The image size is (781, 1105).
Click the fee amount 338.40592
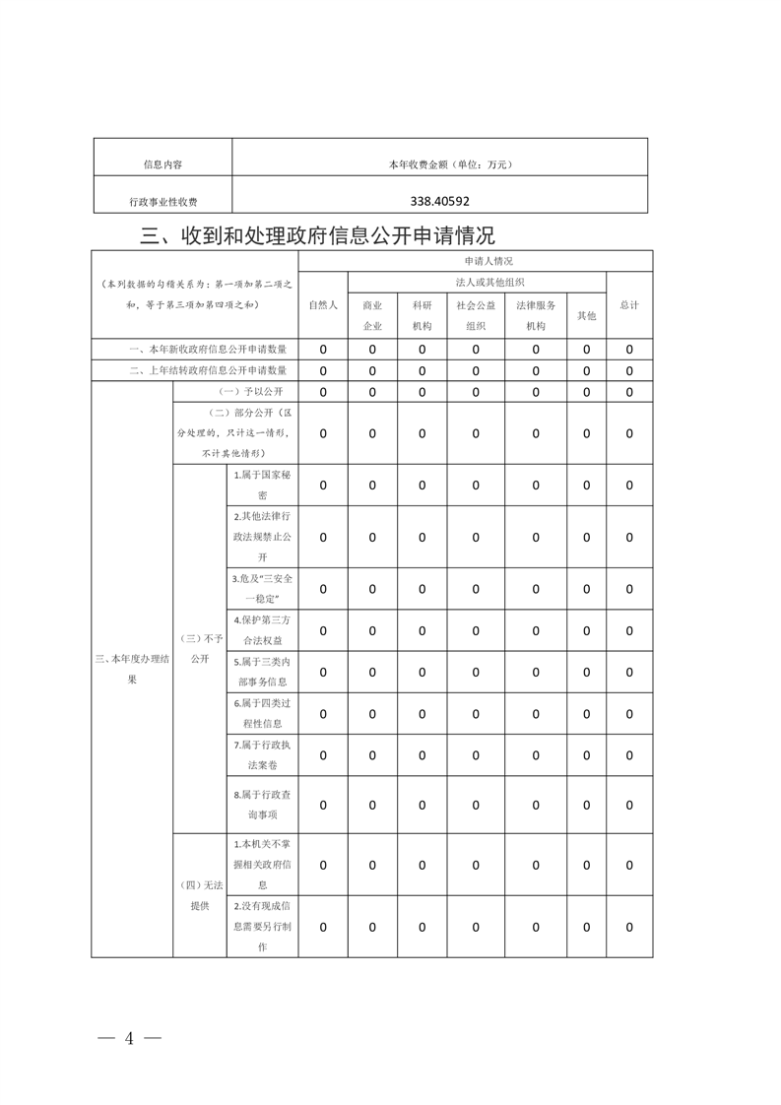tap(439, 201)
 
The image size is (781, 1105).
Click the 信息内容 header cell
tap(163, 164)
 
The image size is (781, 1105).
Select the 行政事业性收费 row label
tap(163, 202)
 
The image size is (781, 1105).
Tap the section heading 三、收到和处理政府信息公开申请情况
tap(317, 235)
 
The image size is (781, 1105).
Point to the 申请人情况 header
tap(476, 261)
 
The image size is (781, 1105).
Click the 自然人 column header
tap(322, 304)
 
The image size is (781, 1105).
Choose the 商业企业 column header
tap(372, 315)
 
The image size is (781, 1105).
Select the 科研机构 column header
tap(422, 315)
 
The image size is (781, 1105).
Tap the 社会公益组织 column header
tap(476, 315)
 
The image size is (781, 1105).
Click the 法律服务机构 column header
tap(536, 315)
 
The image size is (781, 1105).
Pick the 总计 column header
tap(629, 304)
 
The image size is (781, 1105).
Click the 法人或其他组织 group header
tap(476, 282)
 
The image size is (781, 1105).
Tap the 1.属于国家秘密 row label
tap(262, 485)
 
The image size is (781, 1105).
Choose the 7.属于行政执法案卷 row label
tap(262, 754)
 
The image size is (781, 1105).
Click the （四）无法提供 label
tap(200, 894)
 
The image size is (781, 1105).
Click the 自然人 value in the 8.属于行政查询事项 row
tap(322, 805)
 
